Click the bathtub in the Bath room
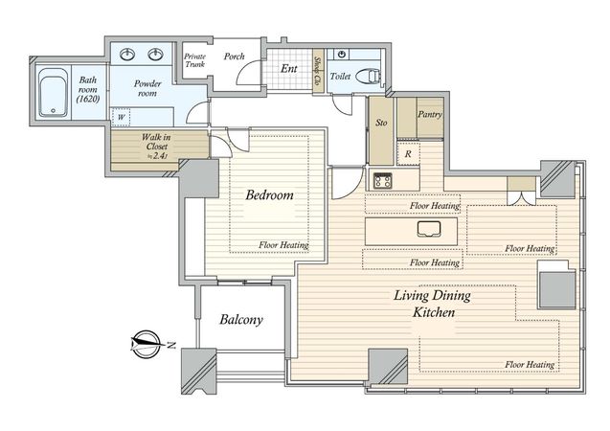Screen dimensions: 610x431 [54, 93]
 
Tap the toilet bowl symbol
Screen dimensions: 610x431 [368, 77]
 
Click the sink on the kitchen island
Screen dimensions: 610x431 [429, 229]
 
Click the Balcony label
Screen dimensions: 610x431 [241, 320]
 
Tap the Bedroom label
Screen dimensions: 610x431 [269, 194]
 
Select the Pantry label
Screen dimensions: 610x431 [430, 114]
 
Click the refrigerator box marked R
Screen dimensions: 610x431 [408, 153]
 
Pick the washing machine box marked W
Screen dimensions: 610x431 [122, 117]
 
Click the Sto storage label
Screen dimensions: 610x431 [381, 123]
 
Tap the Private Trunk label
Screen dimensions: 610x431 [195, 60]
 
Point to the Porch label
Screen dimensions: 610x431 [235, 57]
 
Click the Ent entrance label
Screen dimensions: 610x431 [289, 69]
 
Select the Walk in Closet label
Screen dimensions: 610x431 [156, 147]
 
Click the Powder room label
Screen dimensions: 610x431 [147, 88]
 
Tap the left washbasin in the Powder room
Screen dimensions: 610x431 [127, 54]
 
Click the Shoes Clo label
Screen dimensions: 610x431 [318, 71]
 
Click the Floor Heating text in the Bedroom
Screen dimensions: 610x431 [283, 245]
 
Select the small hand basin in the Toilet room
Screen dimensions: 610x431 [342, 54]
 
